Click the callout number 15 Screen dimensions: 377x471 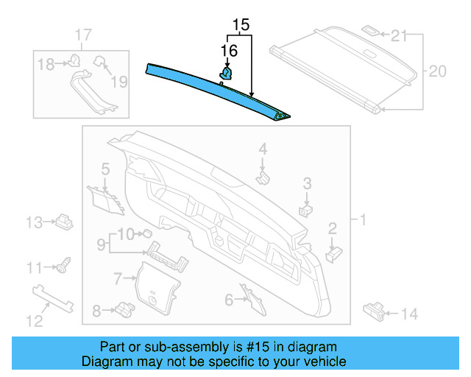(240, 27)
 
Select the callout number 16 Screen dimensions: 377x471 (229, 50)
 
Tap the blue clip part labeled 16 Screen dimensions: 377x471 (227, 72)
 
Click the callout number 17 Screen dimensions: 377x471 (83, 35)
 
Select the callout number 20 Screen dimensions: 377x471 (438, 71)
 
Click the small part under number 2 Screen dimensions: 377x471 (333, 253)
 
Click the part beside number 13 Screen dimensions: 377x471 (64, 220)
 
